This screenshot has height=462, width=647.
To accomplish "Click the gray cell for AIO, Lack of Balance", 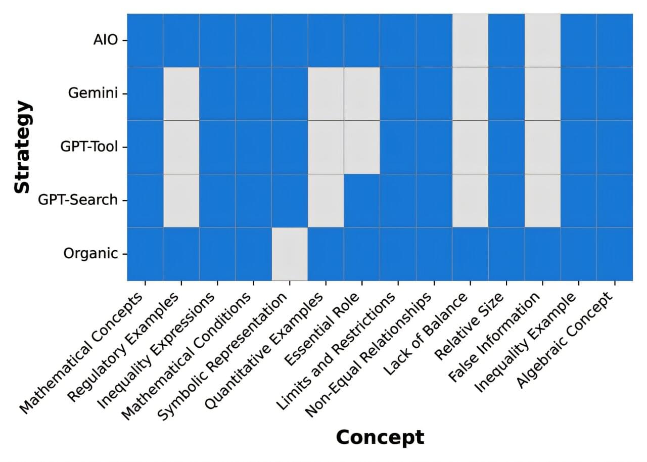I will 470,40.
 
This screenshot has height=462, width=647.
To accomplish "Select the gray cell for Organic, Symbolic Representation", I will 290,254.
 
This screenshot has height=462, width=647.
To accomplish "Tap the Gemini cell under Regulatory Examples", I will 181,94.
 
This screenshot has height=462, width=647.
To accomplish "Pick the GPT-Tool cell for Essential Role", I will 362,147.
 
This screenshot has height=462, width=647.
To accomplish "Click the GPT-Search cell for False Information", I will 542,200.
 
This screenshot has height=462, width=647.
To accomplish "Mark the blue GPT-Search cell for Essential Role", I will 362,200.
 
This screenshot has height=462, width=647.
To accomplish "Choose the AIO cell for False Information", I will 542,40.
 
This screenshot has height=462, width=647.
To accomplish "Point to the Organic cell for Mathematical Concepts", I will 145,254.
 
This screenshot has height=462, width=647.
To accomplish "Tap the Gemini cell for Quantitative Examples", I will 326,94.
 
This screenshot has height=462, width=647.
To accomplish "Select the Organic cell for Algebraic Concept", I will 615,254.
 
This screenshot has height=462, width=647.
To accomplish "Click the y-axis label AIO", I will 105,40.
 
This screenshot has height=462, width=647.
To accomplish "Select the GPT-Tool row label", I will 89,147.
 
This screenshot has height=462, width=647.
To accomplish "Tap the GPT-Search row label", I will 78,200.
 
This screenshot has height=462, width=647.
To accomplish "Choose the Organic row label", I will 90,254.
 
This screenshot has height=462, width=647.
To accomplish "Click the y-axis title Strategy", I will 22,147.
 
